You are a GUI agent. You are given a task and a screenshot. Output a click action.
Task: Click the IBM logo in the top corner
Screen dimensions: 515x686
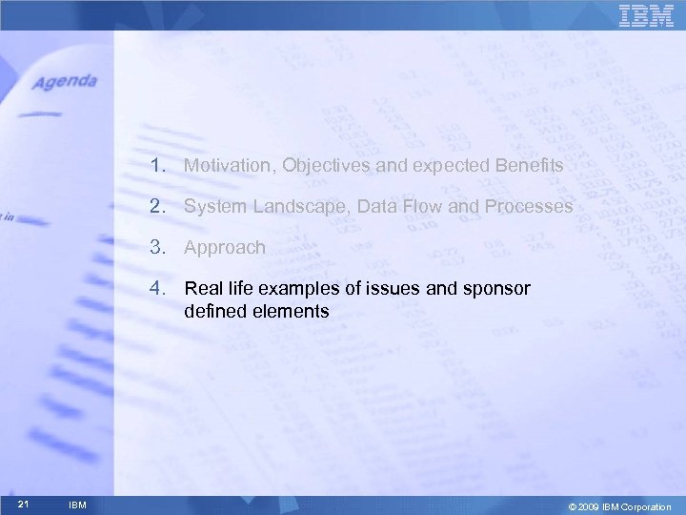[646, 16]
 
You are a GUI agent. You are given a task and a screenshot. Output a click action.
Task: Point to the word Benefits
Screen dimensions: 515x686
[529, 166]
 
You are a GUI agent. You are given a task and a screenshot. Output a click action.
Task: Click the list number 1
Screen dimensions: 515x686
[154, 166]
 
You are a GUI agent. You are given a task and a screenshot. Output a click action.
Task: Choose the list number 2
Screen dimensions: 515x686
[154, 206]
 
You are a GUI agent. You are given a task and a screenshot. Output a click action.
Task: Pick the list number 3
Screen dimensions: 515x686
[154, 247]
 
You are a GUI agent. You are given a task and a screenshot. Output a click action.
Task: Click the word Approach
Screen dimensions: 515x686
[225, 248]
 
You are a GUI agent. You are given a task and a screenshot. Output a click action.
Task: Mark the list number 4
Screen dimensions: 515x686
[154, 288]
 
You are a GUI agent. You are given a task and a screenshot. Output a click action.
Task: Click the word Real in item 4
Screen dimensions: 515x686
[204, 288]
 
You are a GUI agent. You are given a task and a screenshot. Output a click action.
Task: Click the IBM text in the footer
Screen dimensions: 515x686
[79, 505]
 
